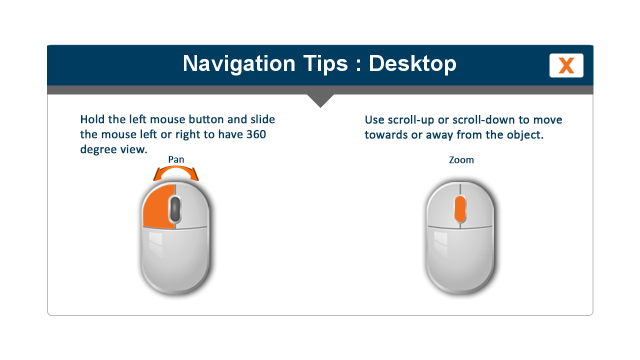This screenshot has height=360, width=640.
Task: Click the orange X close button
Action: tap(566, 65)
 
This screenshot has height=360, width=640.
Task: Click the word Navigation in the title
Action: tap(239, 63)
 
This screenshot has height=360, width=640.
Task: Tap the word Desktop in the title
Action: tap(412, 63)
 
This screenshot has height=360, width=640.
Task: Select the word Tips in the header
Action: tap(325, 63)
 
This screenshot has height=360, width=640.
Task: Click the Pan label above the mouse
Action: tap(176, 159)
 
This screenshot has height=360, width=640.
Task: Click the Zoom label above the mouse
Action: tap(461, 160)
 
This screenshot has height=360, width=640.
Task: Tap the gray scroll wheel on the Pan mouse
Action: tap(175, 209)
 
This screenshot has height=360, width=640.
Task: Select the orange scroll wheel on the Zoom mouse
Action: tap(460, 209)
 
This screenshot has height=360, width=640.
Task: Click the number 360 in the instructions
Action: tap(256, 134)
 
